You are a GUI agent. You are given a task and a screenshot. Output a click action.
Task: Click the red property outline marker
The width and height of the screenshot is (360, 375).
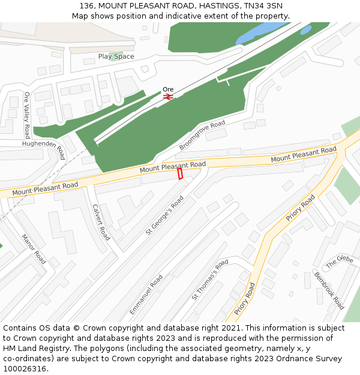(180, 173)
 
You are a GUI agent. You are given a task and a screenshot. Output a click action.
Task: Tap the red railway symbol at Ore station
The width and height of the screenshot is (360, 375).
(168, 96)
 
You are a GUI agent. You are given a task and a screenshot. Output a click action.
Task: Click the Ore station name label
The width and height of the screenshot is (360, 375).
(168, 89)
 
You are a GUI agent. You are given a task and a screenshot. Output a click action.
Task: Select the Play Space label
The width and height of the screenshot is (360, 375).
(116, 56)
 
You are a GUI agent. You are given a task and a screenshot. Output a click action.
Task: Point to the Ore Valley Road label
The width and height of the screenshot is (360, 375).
(27, 115)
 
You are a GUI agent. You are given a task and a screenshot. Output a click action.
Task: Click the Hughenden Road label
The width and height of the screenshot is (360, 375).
(43, 145)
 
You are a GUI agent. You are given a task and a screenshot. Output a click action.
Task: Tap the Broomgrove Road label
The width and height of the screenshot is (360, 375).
(202, 135)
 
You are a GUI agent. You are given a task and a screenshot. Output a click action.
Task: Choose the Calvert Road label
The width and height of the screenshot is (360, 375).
(101, 222)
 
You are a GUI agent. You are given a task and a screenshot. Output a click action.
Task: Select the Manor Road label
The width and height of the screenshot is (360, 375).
(34, 249)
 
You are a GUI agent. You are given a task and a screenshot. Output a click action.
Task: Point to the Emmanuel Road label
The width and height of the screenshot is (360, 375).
(146, 295)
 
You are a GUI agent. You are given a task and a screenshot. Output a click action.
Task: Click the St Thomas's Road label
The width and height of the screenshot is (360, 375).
(210, 280)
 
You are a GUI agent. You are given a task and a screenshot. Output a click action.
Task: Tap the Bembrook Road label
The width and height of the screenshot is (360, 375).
(329, 290)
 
